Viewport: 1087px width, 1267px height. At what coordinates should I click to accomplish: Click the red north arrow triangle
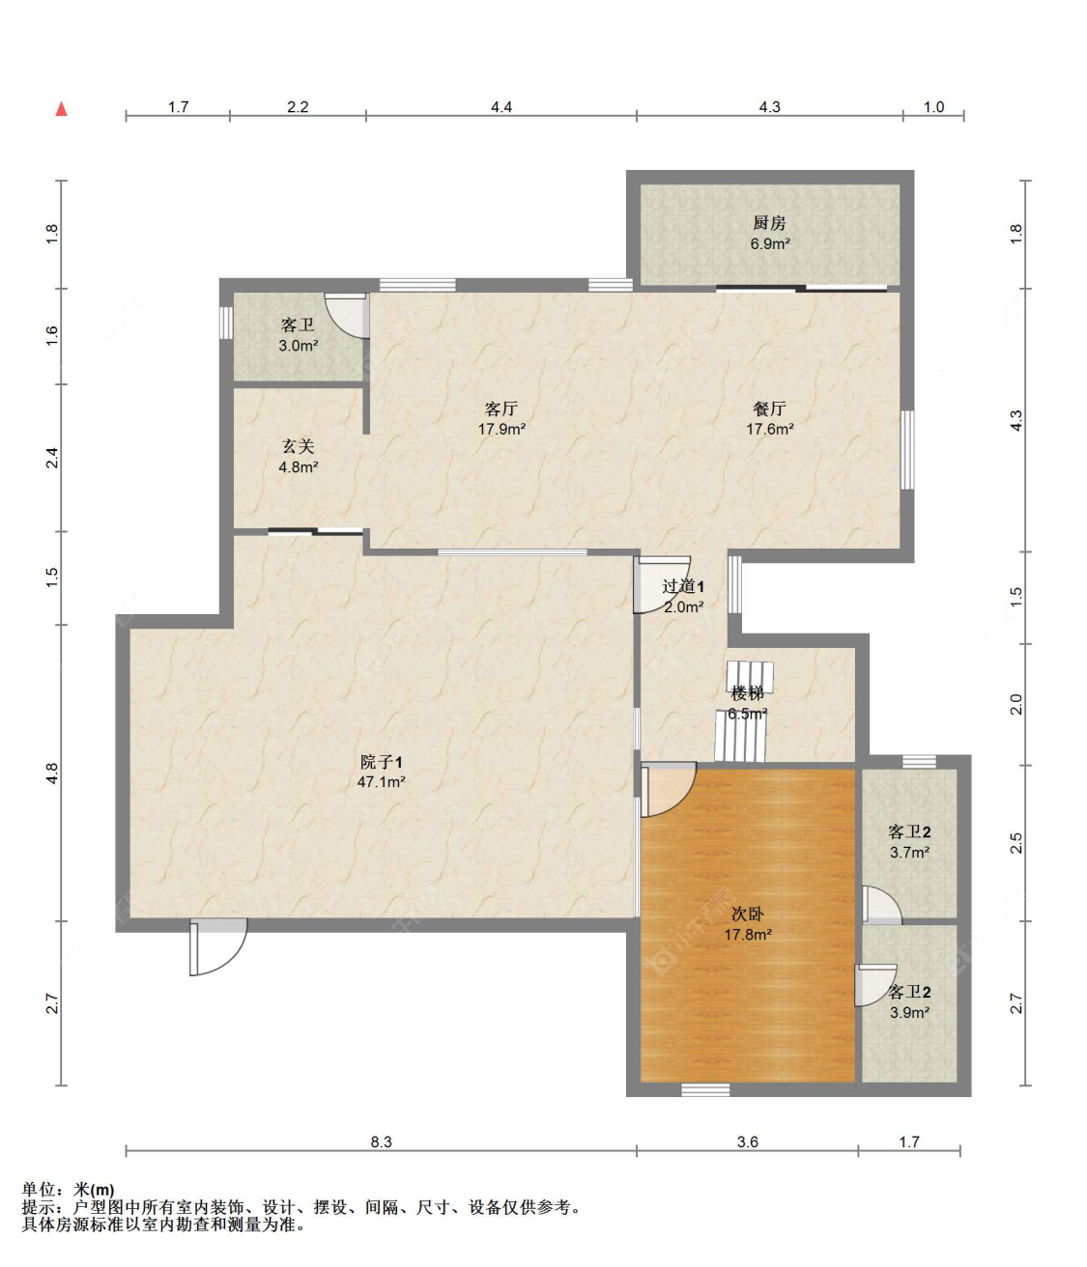(61, 109)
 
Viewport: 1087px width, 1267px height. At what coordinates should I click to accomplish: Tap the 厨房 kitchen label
(769, 223)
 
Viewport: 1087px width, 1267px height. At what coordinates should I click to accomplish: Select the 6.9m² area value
(770, 244)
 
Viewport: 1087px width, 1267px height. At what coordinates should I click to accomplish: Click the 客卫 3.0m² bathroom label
(298, 324)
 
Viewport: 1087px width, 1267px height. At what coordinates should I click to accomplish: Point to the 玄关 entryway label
(299, 446)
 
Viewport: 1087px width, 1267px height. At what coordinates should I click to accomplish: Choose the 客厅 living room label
(501, 408)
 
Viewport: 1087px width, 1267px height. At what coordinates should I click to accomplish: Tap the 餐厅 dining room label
(769, 408)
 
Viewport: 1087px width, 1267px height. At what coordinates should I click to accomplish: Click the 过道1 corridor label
(683, 586)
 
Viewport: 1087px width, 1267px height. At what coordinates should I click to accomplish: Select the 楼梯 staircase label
(747, 693)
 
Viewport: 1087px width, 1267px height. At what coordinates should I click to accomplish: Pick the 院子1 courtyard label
(381, 762)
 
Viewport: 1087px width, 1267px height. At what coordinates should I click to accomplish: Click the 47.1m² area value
(381, 782)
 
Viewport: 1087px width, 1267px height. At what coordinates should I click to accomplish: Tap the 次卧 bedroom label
(747, 914)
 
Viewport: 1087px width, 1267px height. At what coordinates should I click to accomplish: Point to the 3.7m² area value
(909, 852)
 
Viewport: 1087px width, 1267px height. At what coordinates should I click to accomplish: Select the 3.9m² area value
(909, 1012)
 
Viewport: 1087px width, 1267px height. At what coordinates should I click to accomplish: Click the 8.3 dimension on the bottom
(381, 1141)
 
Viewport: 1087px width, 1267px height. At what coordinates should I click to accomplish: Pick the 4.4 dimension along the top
(501, 107)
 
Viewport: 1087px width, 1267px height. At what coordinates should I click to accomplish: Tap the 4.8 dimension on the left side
(52, 773)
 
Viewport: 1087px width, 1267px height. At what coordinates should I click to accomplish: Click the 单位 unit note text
(40, 1190)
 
